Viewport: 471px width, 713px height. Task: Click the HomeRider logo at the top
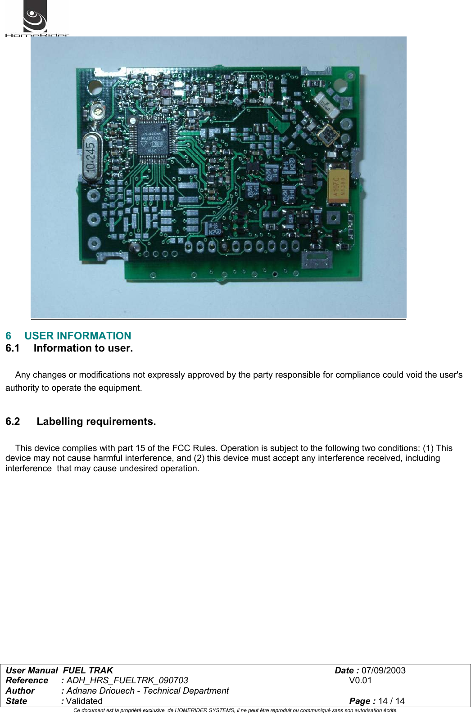(x=36, y=19)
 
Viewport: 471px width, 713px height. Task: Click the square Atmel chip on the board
(x=153, y=137)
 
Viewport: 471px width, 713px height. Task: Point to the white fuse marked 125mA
(x=326, y=105)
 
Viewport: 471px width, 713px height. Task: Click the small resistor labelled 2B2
(x=315, y=83)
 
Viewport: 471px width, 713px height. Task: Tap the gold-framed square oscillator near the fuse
(x=328, y=135)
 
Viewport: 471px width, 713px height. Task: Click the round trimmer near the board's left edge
(x=97, y=111)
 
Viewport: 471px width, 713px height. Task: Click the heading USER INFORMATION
(x=77, y=336)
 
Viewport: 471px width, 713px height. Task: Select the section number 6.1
(x=13, y=348)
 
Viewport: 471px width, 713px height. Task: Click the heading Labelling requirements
(x=96, y=422)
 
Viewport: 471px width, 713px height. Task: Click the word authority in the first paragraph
(x=22, y=388)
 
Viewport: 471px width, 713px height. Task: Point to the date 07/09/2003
(x=383, y=671)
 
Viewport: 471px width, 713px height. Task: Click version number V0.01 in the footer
(x=360, y=681)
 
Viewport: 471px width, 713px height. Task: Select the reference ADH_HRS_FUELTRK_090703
(x=127, y=681)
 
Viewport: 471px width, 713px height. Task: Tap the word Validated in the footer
(x=84, y=701)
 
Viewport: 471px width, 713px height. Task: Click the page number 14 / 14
(x=391, y=701)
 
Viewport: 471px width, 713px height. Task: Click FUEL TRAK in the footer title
(x=88, y=671)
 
